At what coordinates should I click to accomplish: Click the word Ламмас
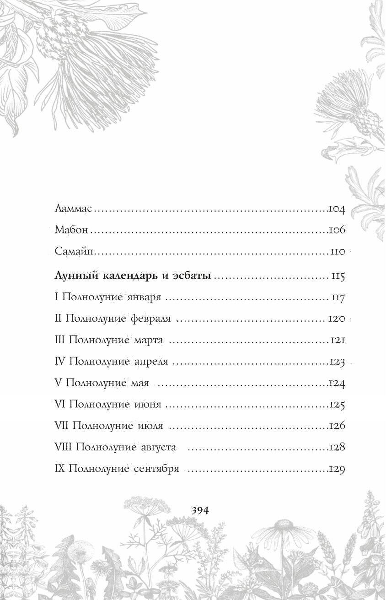click(73, 209)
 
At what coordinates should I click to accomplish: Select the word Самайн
click(74, 251)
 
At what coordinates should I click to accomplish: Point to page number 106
click(337, 230)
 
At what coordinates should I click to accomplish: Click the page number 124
click(337, 383)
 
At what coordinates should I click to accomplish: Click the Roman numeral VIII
click(64, 447)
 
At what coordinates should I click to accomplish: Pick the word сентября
click(156, 469)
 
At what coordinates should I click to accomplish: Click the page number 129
click(337, 469)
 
